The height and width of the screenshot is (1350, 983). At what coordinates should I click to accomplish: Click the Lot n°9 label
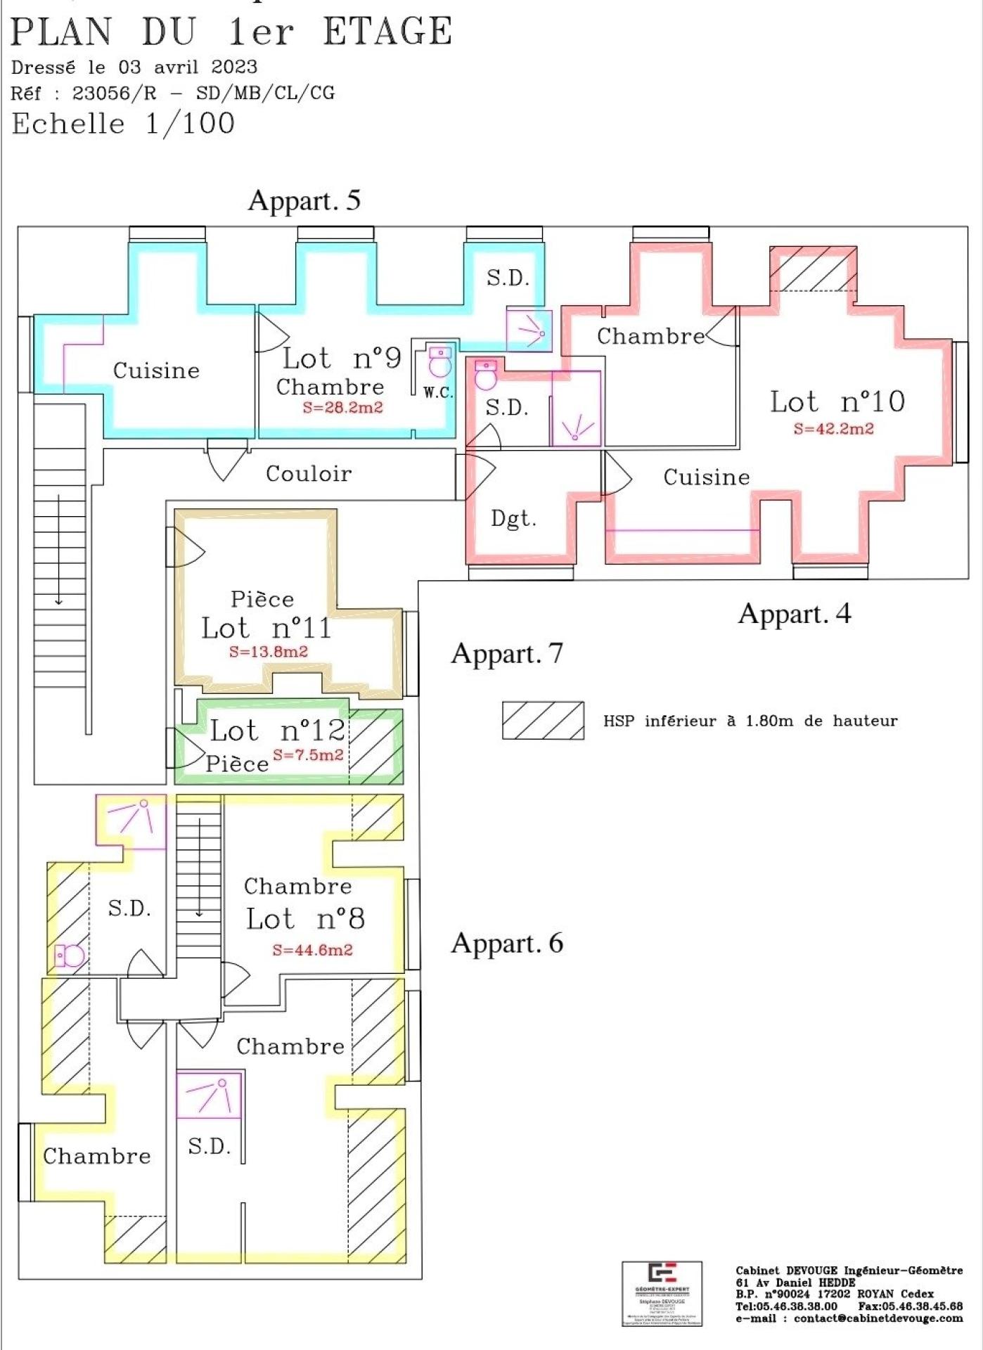(342, 358)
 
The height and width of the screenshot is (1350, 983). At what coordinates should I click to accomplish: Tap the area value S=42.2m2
(833, 428)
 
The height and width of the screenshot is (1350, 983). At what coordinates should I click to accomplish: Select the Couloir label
(309, 473)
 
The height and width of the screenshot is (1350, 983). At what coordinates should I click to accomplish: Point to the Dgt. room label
(513, 519)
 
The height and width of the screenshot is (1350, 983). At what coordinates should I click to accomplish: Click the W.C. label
(437, 392)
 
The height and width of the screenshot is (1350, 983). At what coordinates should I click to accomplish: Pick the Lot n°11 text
(266, 628)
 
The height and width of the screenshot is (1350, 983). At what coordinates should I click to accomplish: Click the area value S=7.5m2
(308, 754)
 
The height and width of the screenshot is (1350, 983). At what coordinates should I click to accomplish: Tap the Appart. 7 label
(507, 653)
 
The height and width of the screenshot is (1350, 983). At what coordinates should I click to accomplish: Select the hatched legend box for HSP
(543, 720)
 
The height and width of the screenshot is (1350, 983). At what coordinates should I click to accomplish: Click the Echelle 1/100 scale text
(123, 124)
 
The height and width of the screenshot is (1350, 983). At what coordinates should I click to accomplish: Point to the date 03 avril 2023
(188, 67)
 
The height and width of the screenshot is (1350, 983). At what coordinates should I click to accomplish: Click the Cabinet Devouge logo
(662, 1294)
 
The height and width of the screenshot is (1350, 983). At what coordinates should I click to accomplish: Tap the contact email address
(878, 1318)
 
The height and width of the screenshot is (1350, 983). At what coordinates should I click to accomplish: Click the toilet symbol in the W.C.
(440, 363)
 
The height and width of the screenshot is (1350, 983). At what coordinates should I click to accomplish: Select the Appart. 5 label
(304, 200)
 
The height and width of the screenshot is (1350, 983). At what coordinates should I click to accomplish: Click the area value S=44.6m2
(312, 950)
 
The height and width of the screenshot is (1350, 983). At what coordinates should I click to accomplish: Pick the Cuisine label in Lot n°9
(156, 371)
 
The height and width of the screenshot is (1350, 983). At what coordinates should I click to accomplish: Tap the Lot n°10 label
(837, 401)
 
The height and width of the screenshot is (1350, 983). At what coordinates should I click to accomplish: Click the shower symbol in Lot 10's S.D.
(576, 425)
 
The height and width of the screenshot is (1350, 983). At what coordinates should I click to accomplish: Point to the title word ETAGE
(387, 32)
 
